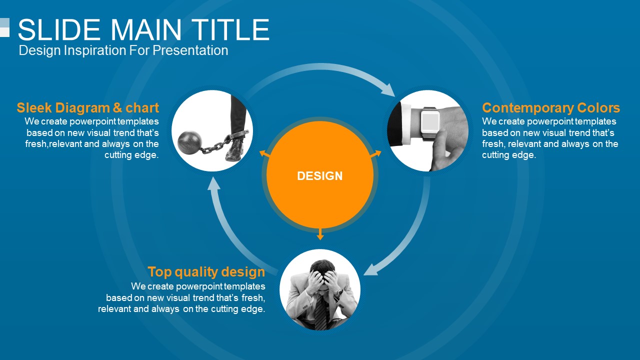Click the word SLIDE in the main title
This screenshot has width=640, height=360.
pyautogui.click(x=59, y=29)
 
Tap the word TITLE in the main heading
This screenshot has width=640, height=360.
pyautogui.click(x=230, y=29)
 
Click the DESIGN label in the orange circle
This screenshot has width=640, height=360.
pyautogui.click(x=319, y=175)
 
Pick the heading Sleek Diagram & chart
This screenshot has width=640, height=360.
pyautogui.click(x=87, y=107)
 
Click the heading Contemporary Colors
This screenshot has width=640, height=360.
pyautogui.click(x=551, y=108)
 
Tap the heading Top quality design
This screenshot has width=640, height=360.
pyautogui.click(x=206, y=271)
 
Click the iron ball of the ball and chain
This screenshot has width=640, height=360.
pyautogui.click(x=189, y=142)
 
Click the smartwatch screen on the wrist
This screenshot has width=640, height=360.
pyautogui.click(x=430, y=121)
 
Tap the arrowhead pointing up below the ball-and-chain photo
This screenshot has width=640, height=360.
pyautogui.click(x=213, y=183)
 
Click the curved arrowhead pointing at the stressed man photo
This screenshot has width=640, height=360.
pyautogui.click(x=371, y=269)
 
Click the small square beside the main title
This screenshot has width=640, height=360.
pyautogui.click(x=4, y=27)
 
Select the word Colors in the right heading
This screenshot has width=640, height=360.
pyautogui.click(x=598, y=108)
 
